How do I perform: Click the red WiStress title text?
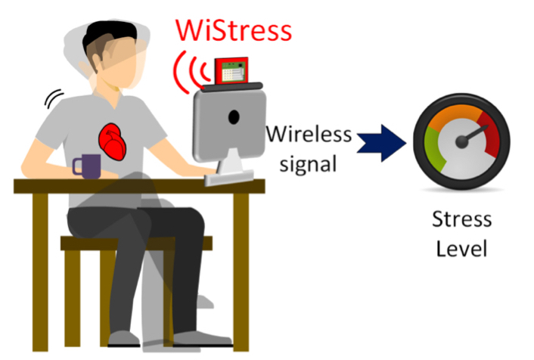point(233,31)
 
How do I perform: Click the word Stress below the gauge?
point(461,220)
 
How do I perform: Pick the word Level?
point(461,247)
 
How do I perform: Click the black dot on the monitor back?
point(234,118)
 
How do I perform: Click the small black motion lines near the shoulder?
point(53,98)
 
